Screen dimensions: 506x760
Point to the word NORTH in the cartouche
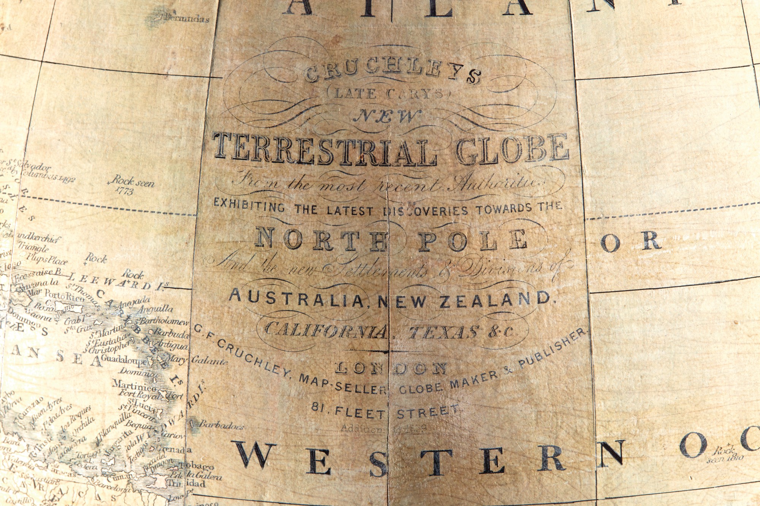tap(321, 240)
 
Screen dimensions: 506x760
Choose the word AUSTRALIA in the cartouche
tap(296, 298)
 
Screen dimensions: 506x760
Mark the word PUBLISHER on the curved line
tap(553, 347)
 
